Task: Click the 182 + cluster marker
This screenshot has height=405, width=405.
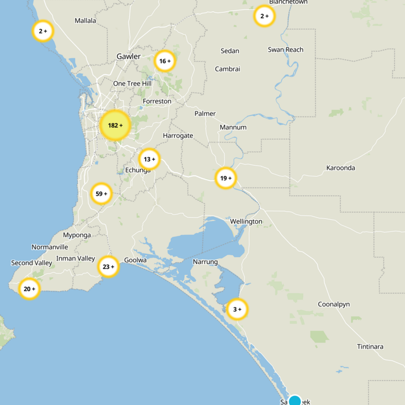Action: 115,125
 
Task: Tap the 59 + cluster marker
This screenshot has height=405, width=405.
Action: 101,194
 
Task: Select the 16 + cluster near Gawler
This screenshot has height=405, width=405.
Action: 165,61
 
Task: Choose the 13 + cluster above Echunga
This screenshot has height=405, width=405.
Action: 149,159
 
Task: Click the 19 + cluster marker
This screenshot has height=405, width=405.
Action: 226,178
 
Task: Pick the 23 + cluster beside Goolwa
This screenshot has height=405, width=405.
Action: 108,267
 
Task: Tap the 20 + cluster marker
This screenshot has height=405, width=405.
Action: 29,289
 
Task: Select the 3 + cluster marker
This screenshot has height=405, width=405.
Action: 237,309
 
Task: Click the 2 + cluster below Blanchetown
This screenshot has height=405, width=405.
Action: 264,16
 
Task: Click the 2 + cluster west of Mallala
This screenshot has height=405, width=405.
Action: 43,31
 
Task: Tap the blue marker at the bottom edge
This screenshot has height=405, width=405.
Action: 295,401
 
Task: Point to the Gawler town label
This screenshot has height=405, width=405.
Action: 129,56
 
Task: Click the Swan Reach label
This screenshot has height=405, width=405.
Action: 286,50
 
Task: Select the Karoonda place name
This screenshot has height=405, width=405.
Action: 341,168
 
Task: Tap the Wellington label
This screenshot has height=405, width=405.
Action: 246,222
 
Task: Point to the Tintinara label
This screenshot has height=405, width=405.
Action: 370,347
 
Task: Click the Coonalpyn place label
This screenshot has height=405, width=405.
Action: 334,304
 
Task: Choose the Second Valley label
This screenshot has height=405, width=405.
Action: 31,263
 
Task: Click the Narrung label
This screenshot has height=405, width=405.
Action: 205,262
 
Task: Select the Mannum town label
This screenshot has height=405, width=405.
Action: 233,127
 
